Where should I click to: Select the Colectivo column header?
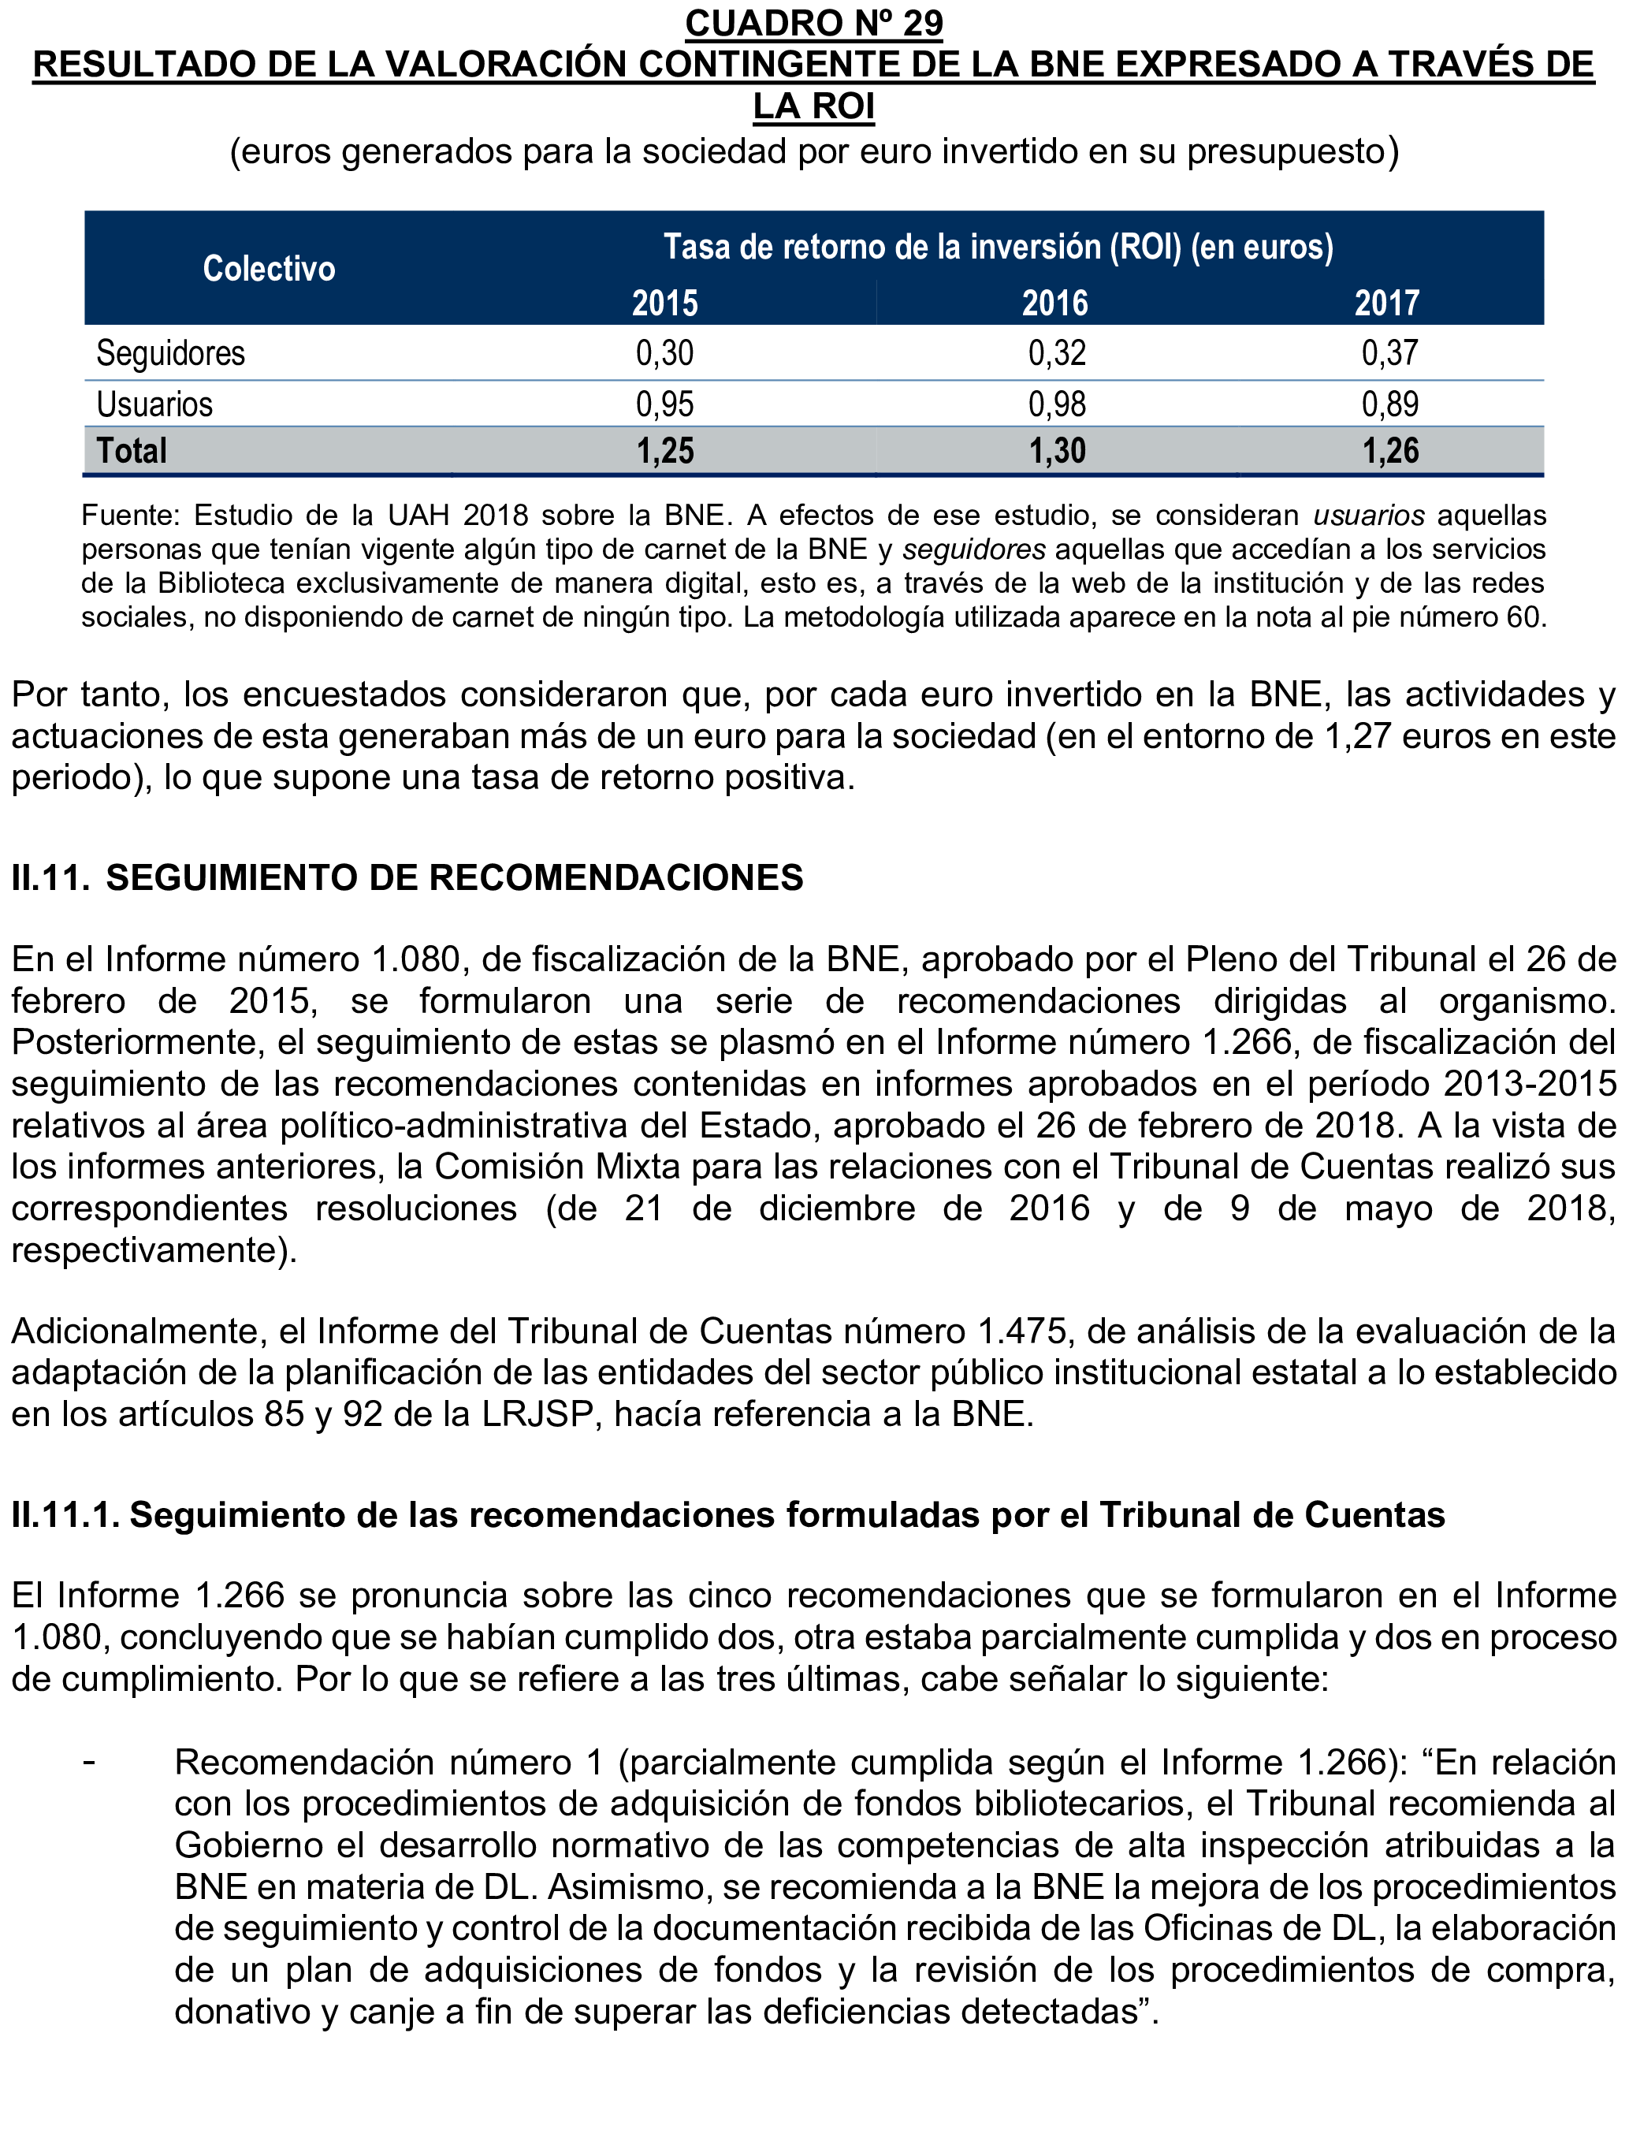coord(269,269)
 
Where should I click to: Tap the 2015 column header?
coord(664,303)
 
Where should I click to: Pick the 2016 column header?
coord(1055,303)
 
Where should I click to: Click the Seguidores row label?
coord(171,353)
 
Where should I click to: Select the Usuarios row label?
coord(154,404)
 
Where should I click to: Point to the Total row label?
coord(131,451)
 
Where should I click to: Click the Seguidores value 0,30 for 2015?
coord(664,353)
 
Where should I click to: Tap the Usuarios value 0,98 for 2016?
coord(1057,404)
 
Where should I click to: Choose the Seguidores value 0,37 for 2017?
coord(1389,353)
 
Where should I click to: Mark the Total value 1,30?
coord(1057,451)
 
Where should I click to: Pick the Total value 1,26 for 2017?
coord(1389,451)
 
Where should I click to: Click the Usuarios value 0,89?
coord(1389,404)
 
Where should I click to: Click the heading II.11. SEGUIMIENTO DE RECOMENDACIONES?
coord(407,878)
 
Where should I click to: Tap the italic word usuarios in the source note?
coord(1368,516)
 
